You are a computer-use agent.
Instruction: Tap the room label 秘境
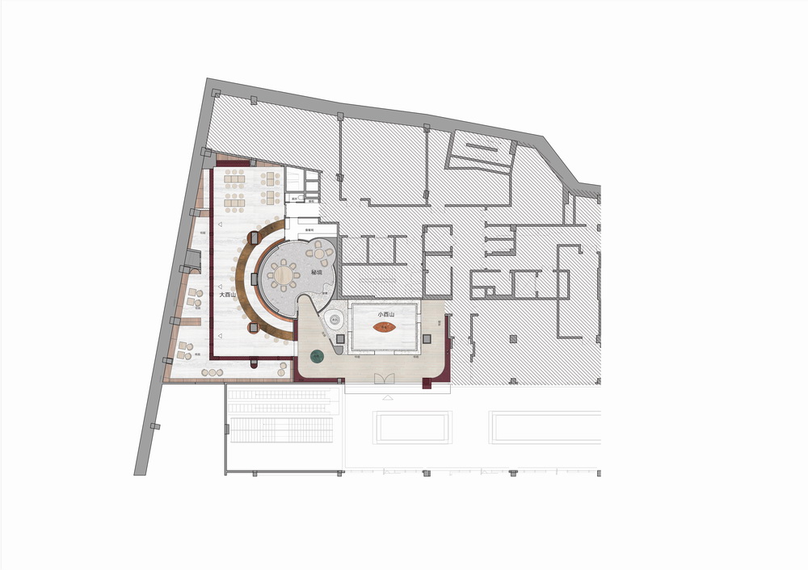[x=315, y=273]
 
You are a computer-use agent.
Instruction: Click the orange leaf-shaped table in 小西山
[x=385, y=326]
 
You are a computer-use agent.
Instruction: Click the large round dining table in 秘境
[x=284, y=275]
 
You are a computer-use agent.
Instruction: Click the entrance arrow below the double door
[x=387, y=398]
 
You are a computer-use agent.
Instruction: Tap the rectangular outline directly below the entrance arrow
[x=410, y=426]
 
